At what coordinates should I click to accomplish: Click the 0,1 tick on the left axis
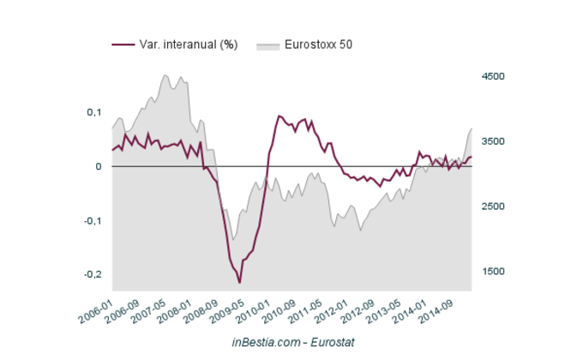point(93,112)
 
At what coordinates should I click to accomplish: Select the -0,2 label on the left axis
point(92,274)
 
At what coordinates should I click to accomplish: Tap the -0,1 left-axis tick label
point(92,220)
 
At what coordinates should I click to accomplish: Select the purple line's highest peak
point(279,116)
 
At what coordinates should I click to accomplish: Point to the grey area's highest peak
point(165,75)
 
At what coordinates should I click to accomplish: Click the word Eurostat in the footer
point(328,342)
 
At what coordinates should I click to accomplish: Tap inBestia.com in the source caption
point(261,342)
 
